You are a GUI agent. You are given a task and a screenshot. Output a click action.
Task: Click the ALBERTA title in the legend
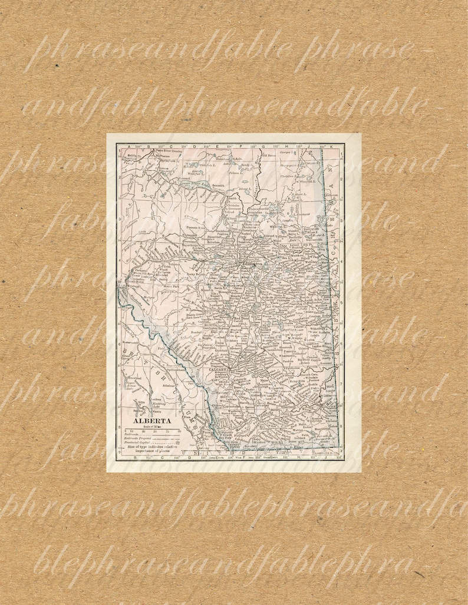[x=152, y=421]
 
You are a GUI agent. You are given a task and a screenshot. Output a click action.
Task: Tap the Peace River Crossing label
[x=166, y=150]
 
